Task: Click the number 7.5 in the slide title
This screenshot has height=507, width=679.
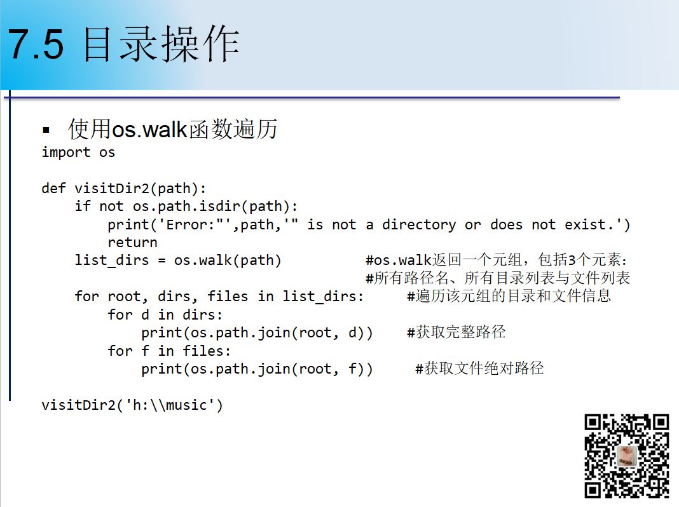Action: (x=36, y=44)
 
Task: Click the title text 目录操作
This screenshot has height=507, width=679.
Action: (x=160, y=44)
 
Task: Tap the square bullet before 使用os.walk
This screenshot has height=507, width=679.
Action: (x=46, y=130)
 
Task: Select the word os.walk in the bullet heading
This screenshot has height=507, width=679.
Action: (x=149, y=130)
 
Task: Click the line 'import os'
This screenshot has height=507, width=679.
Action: (x=78, y=152)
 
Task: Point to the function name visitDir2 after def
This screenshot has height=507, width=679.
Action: (x=112, y=188)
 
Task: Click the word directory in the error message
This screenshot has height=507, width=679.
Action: (x=419, y=225)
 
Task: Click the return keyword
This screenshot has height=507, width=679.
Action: (x=132, y=242)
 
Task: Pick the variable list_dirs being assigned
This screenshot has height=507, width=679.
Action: (x=112, y=260)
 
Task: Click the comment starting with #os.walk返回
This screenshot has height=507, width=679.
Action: (x=497, y=260)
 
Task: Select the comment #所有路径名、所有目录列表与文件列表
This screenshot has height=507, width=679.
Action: (x=498, y=278)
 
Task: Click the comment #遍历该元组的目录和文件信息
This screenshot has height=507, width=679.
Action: (x=509, y=296)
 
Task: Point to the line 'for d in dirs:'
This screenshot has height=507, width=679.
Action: (x=165, y=314)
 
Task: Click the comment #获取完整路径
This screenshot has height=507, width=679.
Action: (x=456, y=332)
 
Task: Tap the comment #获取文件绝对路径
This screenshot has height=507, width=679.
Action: (x=479, y=368)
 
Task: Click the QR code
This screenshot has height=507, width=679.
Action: (x=627, y=456)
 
